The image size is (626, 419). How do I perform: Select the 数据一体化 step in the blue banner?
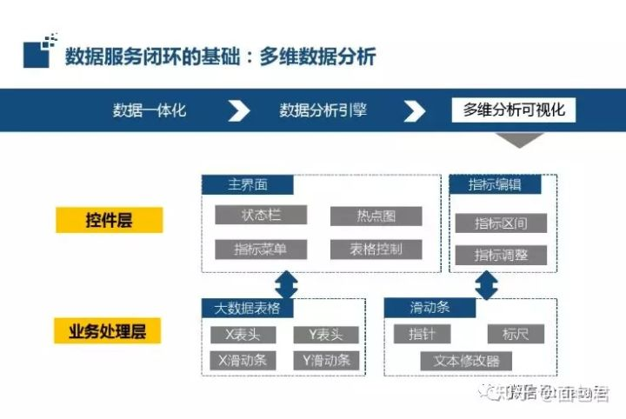coord(150,110)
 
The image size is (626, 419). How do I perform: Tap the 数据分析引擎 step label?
coord(323,110)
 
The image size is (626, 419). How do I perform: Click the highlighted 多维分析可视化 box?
coord(514,110)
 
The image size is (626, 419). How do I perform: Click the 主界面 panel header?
coord(248,185)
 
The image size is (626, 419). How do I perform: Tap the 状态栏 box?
coord(261,215)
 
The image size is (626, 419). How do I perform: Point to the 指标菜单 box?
coord(261,249)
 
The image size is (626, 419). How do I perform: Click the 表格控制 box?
coord(376,249)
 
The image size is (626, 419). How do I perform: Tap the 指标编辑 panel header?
coord(495,184)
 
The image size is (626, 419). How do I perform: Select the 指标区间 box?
coord(501,223)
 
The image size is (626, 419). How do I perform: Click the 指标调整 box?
coord(501,255)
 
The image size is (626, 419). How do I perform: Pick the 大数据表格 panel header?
coord(247,308)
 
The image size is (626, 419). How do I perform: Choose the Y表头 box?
coord(326,335)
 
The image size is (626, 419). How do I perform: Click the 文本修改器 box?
coord(466,360)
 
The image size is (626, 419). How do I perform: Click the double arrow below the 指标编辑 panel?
coord(487,284)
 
